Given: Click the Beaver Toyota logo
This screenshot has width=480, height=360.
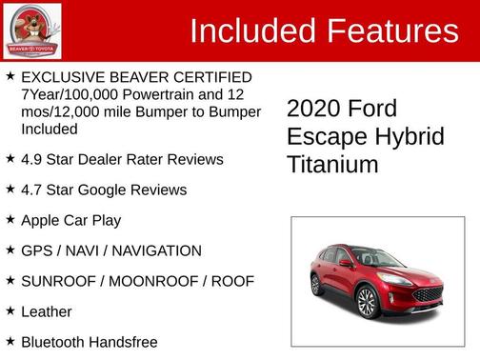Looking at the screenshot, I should pyautogui.click(x=32, y=30).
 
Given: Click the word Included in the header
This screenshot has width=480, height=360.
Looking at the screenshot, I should pyautogui.click(x=252, y=31).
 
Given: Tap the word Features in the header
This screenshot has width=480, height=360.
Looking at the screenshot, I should pyautogui.click(x=391, y=31).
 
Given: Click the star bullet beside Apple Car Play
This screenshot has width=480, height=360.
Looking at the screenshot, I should pyautogui.click(x=10, y=219).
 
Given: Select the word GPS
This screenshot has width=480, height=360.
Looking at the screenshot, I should pyautogui.click(x=36, y=250).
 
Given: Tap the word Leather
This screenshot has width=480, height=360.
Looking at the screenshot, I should pyautogui.click(x=47, y=311).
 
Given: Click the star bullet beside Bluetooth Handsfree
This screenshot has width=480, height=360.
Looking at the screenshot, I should pyautogui.click(x=10, y=340).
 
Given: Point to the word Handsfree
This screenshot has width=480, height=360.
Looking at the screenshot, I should pyautogui.click(x=121, y=342).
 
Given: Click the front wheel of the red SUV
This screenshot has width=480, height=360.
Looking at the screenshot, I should pyautogui.click(x=366, y=302).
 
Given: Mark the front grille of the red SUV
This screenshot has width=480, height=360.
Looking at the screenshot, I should pyautogui.click(x=427, y=293).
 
